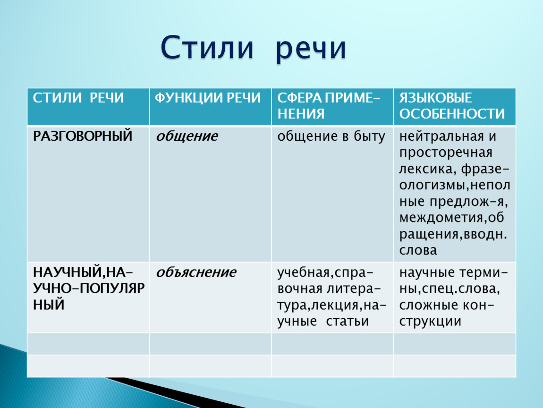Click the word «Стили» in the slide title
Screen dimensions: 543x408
click(207, 47)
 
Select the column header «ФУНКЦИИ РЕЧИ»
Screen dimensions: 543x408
click(208, 98)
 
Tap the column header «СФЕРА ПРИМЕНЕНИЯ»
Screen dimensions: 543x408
click(329, 106)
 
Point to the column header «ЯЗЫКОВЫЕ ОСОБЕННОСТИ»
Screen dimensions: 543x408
click(452, 106)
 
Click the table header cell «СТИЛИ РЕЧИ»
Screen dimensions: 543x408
click(78, 98)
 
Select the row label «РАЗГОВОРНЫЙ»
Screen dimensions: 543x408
click(83, 136)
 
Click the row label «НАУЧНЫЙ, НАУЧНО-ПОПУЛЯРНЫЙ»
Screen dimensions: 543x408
click(89, 289)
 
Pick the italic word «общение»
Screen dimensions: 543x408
click(187, 136)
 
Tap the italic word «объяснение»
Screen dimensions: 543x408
click(196, 272)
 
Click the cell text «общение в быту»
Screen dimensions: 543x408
click(331, 136)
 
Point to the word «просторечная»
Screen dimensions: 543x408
click(446, 153)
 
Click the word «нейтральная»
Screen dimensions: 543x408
click(441, 136)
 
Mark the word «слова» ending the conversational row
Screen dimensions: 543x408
click(418, 250)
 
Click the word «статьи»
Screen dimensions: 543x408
click(347, 322)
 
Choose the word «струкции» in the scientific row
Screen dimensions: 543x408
click(430, 322)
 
